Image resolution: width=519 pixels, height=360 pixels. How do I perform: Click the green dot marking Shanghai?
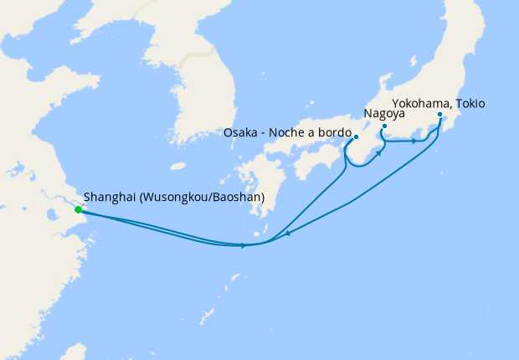coord(78,209)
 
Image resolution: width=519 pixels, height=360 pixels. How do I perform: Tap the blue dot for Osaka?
coord(356,136)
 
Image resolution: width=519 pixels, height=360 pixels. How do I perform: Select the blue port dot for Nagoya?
coord(384,126)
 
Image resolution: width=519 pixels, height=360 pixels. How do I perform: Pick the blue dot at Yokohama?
coord(439,115)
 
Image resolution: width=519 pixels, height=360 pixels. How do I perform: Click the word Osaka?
coord(242,132)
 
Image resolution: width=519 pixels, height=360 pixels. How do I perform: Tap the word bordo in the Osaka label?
coord(331,132)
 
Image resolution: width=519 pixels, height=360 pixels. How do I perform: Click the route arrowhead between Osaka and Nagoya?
coord(380,154)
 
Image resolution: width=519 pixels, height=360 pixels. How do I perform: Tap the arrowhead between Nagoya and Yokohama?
coord(414,141)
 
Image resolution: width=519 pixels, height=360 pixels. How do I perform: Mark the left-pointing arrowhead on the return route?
coord(287,234)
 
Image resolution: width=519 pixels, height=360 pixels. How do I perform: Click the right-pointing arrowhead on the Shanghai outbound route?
coord(243,245)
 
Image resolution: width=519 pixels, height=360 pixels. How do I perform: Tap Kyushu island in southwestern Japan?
coord(251,180)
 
